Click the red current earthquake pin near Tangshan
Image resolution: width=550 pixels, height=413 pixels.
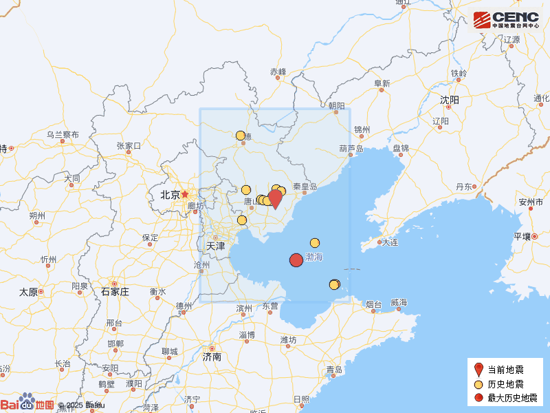pos(275,198)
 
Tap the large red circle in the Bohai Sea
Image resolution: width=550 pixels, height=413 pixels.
pos(296,260)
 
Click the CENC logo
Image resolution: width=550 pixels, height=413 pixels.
pos(506,19)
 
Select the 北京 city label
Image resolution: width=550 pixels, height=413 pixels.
pos(170,195)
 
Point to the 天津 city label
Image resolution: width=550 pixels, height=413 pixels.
pos(216,246)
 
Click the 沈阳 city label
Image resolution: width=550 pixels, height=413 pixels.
pos(450,100)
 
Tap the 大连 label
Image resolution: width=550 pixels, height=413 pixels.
pos(390,242)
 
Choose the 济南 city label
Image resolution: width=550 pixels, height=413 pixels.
pos(212,358)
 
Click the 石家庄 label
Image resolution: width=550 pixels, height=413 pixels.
pos(115,291)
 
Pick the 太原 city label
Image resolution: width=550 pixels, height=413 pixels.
pos(28,291)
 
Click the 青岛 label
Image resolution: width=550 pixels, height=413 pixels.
pos(335,370)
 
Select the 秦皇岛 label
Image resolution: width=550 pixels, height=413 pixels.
pos(305,187)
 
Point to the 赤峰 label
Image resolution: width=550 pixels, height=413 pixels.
pos(278,72)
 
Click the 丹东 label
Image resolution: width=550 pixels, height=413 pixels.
pos(465,187)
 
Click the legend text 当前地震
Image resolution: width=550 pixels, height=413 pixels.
pos(505,370)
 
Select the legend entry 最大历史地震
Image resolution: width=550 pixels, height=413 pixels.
pos(509,398)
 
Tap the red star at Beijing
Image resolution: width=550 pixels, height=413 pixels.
pos(185,195)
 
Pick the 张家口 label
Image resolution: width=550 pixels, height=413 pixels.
pos(129,146)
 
